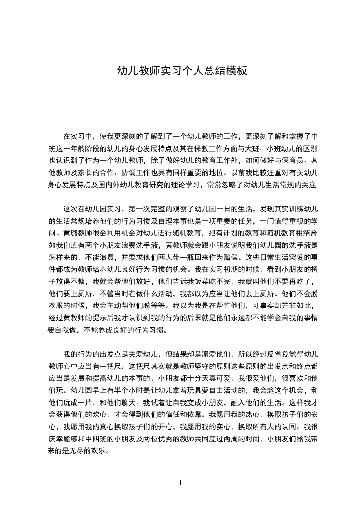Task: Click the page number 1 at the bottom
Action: pyautogui.click(x=180, y=483)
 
